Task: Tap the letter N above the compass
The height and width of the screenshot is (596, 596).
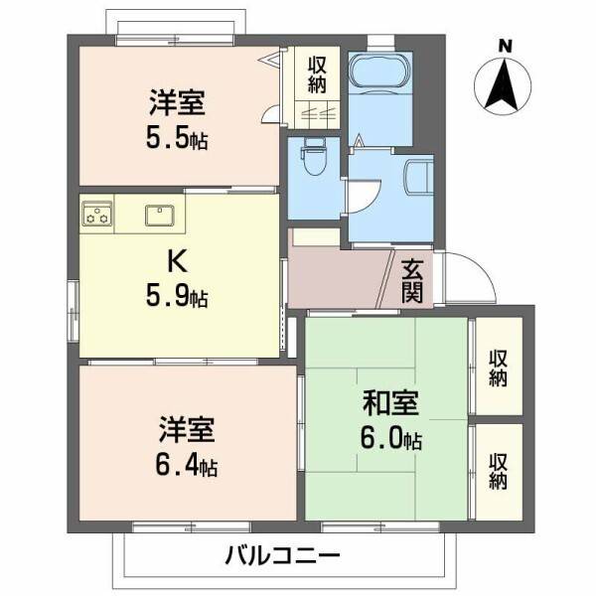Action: click(x=506, y=44)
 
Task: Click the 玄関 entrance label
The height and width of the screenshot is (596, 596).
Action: click(x=414, y=279)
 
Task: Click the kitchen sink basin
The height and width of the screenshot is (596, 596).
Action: click(x=160, y=214)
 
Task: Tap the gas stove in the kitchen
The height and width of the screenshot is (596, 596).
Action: click(x=97, y=213)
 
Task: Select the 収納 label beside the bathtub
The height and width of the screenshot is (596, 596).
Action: click(x=317, y=73)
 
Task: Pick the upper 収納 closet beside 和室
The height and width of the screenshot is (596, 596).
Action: click(x=498, y=366)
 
